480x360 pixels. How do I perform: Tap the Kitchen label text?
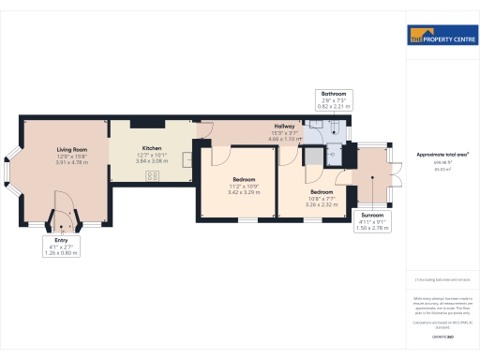(151, 148)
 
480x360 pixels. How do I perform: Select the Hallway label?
(285, 126)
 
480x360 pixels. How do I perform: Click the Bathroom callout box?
(334, 100)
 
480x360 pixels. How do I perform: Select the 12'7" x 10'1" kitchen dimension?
(151, 156)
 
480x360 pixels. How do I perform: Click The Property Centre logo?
(442, 37)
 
